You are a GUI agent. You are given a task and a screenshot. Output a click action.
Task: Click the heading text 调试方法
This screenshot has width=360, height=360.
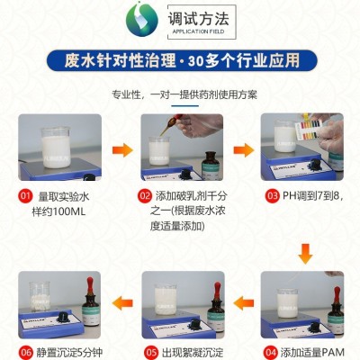(198, 18)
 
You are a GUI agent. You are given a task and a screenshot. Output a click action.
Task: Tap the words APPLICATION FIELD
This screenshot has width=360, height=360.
(198, 31)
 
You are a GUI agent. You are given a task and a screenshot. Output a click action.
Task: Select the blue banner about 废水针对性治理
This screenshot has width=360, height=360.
(182, 60)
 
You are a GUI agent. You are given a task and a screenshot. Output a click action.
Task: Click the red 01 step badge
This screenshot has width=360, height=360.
(25, 196)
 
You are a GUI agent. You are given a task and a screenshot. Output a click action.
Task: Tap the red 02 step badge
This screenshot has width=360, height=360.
(145, 196)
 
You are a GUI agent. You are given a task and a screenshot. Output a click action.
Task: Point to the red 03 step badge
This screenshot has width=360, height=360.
(272, 196)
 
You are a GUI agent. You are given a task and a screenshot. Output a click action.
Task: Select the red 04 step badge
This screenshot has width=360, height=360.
(270, 352)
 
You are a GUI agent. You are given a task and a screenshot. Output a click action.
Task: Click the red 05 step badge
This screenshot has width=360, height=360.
(151, 352)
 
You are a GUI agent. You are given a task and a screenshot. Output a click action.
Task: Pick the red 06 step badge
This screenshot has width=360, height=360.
(26, 352)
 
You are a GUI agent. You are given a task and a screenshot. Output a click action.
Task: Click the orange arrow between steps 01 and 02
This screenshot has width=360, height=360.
(122, 150)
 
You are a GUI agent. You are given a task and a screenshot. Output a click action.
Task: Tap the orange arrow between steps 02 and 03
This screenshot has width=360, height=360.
(244, 150)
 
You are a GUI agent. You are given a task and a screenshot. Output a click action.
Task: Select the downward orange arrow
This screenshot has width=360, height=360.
(305, 254)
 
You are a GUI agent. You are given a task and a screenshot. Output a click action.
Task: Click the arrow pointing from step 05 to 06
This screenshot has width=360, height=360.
(122, 303)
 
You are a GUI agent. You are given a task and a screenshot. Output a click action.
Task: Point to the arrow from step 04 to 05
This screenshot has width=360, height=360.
(244, 303)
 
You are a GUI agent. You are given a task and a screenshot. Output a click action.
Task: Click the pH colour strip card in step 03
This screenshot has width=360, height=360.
(309, 130)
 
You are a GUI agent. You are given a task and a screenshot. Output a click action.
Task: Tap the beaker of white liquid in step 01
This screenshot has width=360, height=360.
(56, 148)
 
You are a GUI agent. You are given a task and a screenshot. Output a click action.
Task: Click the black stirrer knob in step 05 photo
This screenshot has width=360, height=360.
(194, 324)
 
